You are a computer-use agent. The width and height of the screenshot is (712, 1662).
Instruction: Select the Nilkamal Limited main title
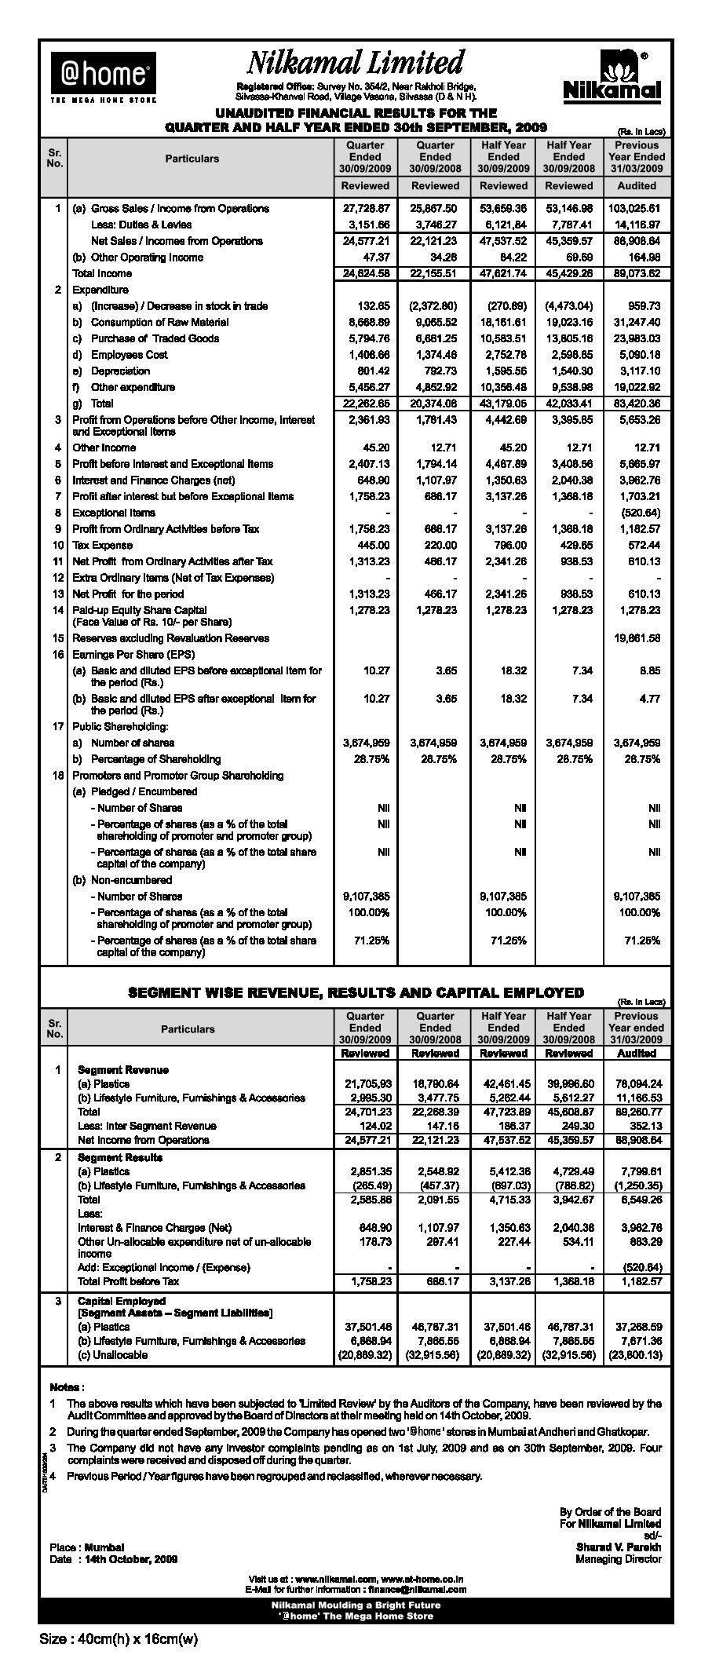[x=356, y=63]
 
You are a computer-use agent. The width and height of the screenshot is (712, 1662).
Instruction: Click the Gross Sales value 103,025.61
[x=637, y=209]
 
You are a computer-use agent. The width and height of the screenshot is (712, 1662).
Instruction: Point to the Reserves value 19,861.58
[x=637, y=638]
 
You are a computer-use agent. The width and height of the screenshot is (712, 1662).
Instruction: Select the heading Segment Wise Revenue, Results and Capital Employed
[x=356, y=992]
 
